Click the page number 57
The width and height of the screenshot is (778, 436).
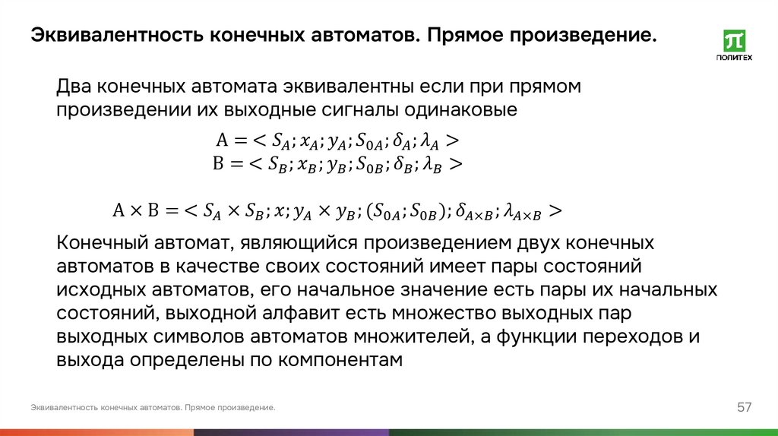[744, 408]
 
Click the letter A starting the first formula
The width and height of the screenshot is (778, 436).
[222, 141]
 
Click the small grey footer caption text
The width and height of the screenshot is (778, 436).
[153, 408]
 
